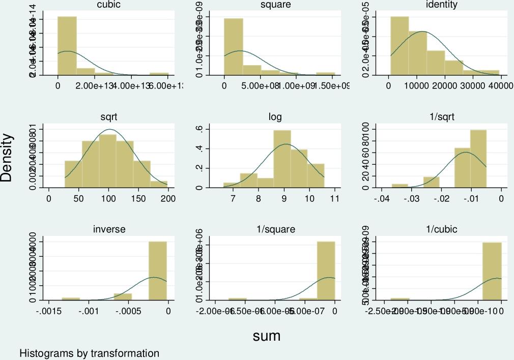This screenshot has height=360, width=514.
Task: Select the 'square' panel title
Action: pos(275,5)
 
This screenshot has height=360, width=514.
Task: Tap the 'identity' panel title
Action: pos(442,5)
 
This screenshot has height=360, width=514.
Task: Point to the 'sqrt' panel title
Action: pos(109,117)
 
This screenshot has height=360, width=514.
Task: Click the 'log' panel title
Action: pos(275,117)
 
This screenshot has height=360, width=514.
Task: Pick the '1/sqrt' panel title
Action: pos(442,117)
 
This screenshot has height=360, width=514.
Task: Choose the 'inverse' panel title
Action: pos(109,229)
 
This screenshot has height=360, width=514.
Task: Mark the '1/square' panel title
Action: pos(275,229)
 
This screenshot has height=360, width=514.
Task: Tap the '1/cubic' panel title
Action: pos(442,229)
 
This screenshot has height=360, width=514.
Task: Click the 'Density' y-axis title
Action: pos(7,157)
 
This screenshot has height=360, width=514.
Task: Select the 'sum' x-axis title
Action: pos(267,336)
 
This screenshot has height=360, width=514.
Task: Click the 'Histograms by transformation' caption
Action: pos(90,353)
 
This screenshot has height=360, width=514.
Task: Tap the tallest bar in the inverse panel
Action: pos(158,271)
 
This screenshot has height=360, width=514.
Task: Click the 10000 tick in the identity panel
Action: pos(418,85)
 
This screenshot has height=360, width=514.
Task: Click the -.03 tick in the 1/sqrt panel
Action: pos(412,198)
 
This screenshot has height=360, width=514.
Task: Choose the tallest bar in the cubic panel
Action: pos(67,46)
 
